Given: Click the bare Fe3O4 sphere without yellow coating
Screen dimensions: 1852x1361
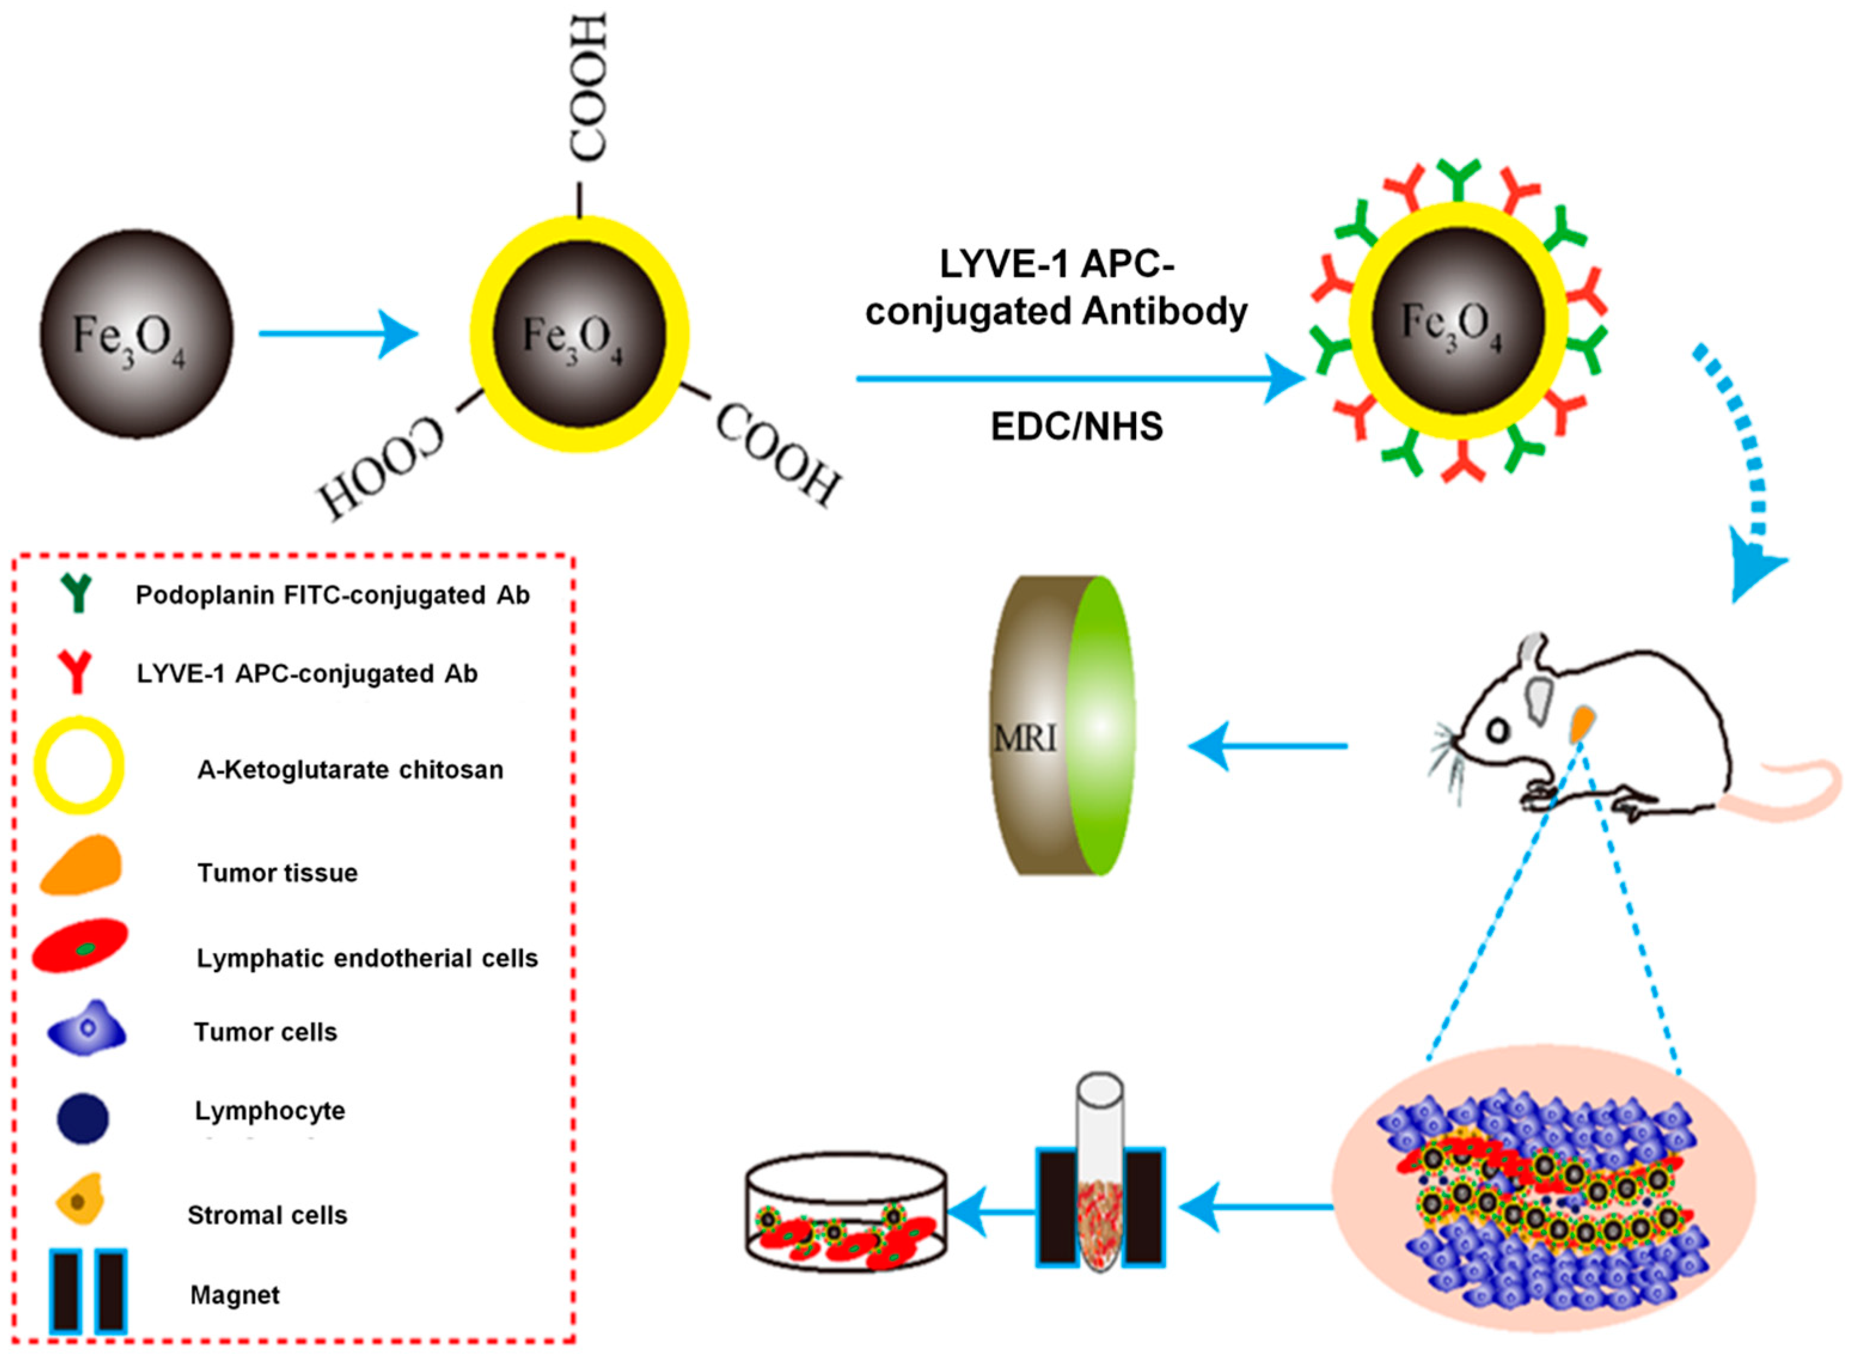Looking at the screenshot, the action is pos(137,333).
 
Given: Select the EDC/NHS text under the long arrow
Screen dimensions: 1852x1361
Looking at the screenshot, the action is pos(1077,427).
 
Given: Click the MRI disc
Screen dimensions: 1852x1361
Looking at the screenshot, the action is pos(1062,725).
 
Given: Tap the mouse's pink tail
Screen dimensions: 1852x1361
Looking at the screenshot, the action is pos(1787,791).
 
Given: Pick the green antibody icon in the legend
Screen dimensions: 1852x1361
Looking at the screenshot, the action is pos(76,592).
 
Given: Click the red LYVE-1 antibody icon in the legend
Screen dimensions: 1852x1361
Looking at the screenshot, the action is pos(76,672).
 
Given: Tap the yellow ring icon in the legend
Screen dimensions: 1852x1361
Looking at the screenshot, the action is pos(79,766).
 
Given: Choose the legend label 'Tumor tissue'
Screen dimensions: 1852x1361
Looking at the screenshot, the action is pos(278,872).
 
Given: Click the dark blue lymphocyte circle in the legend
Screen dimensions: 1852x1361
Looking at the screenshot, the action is pos(82,1118).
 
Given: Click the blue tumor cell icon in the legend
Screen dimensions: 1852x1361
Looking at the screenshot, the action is pos(87,1028).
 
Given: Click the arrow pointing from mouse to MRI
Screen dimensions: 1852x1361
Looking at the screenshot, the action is pos(1267,746).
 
